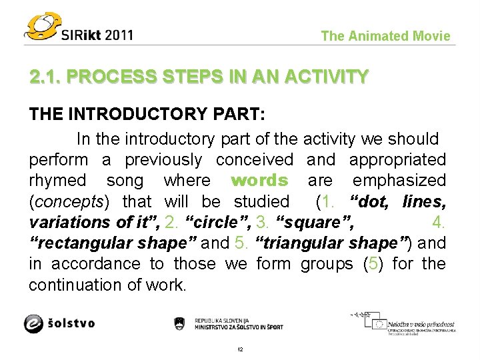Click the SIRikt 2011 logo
tap(80, 27)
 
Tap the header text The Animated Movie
tap(385, 36)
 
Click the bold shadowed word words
tap(259, 181)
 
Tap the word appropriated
tap(397, 160)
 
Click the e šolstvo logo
tap(59, 323)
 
